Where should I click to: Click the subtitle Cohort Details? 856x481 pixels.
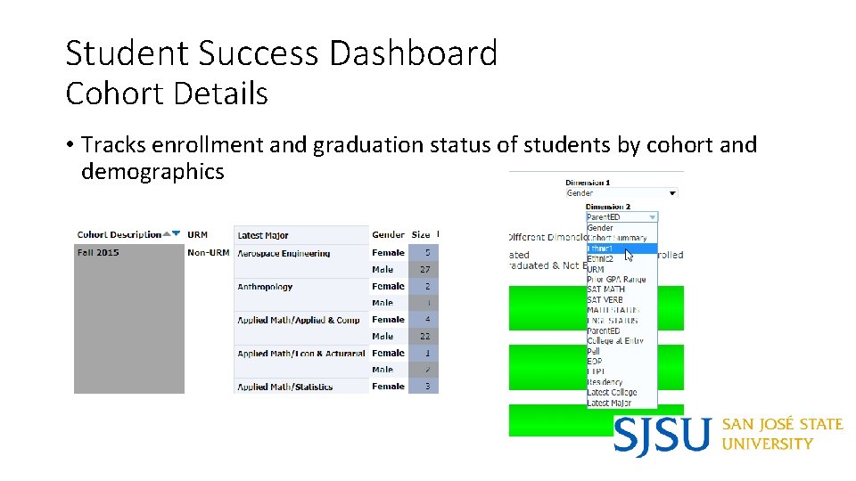(x=167, y=94)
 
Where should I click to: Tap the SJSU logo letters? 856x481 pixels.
(x=663, y=436)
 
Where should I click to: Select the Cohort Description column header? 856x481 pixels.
(x=119, y=235)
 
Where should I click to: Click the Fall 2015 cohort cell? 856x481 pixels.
(x=98, y=253)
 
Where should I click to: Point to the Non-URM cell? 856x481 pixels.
(x=208, y=253)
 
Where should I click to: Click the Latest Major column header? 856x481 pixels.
(x=263, y=236)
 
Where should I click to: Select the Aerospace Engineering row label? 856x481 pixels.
(x=284, y=254)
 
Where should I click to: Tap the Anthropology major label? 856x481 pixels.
(x=265, y=287)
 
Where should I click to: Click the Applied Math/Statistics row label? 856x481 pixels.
(x=284, y=387)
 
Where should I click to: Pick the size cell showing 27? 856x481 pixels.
(x=425, y=269)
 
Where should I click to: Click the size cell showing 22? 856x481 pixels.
(x=425, y=337)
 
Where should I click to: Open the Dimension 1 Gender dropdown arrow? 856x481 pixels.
(x=671, y=193)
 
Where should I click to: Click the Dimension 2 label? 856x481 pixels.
(x=607, y=207)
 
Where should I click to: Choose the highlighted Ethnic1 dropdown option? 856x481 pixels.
(x=602, y=249)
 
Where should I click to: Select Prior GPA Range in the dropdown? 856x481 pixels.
(x=616, y=279)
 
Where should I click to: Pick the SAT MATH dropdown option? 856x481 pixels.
(x=605, y=289)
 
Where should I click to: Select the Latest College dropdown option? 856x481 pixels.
(x=612, y=393)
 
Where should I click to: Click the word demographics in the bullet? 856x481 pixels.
(x=152, y=171)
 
